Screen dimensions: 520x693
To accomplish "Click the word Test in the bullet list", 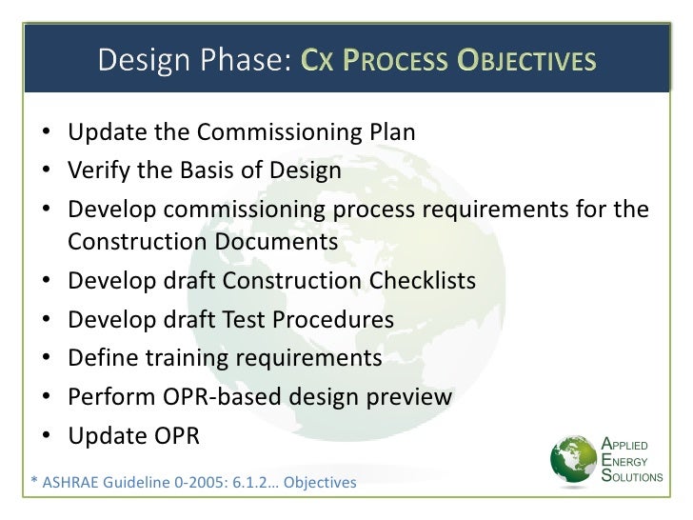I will [246, 321].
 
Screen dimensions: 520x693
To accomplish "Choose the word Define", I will [102, 359].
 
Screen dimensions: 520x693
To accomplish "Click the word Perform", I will [109, 395].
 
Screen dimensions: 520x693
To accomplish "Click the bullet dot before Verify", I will [48, 172].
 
